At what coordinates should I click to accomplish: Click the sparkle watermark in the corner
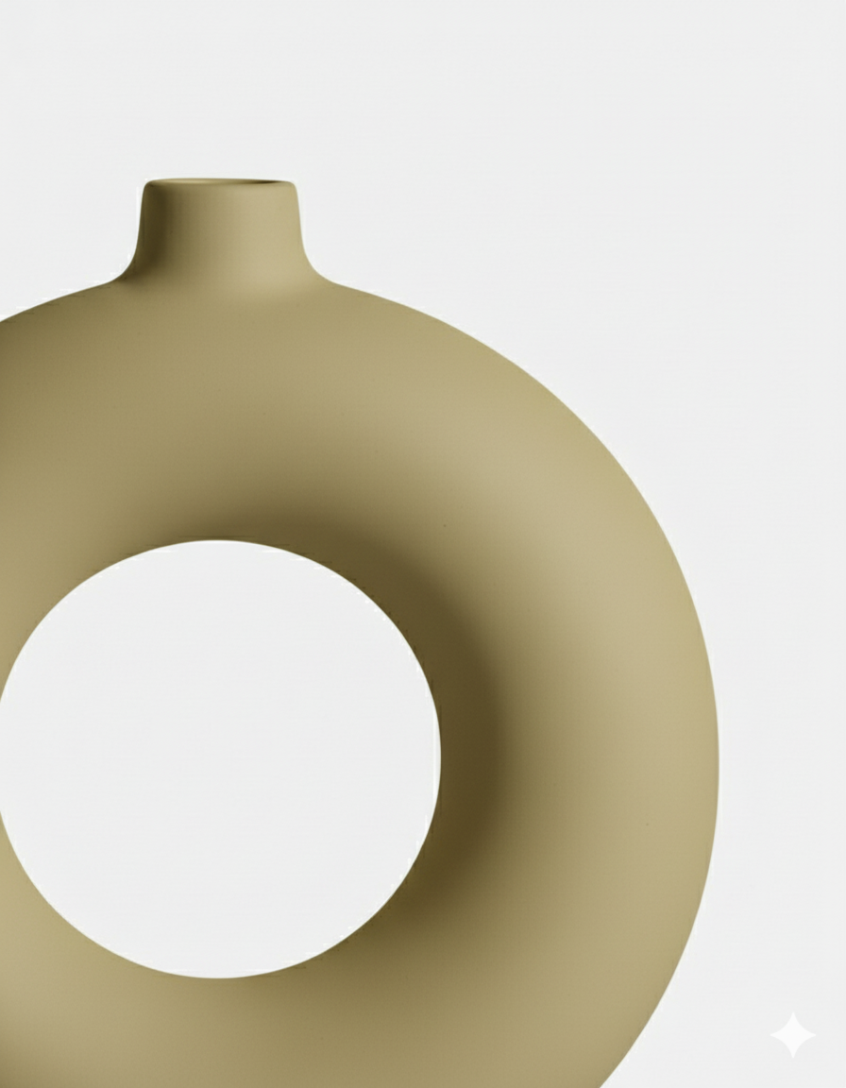[x=792, y=1035]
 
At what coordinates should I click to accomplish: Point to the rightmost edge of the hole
[x=440, y=756]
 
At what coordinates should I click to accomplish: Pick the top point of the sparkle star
[x=792, y=1013]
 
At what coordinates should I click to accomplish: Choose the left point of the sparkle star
[x=770, y=1035]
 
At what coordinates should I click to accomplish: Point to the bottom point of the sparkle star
[x=792, y=1057]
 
